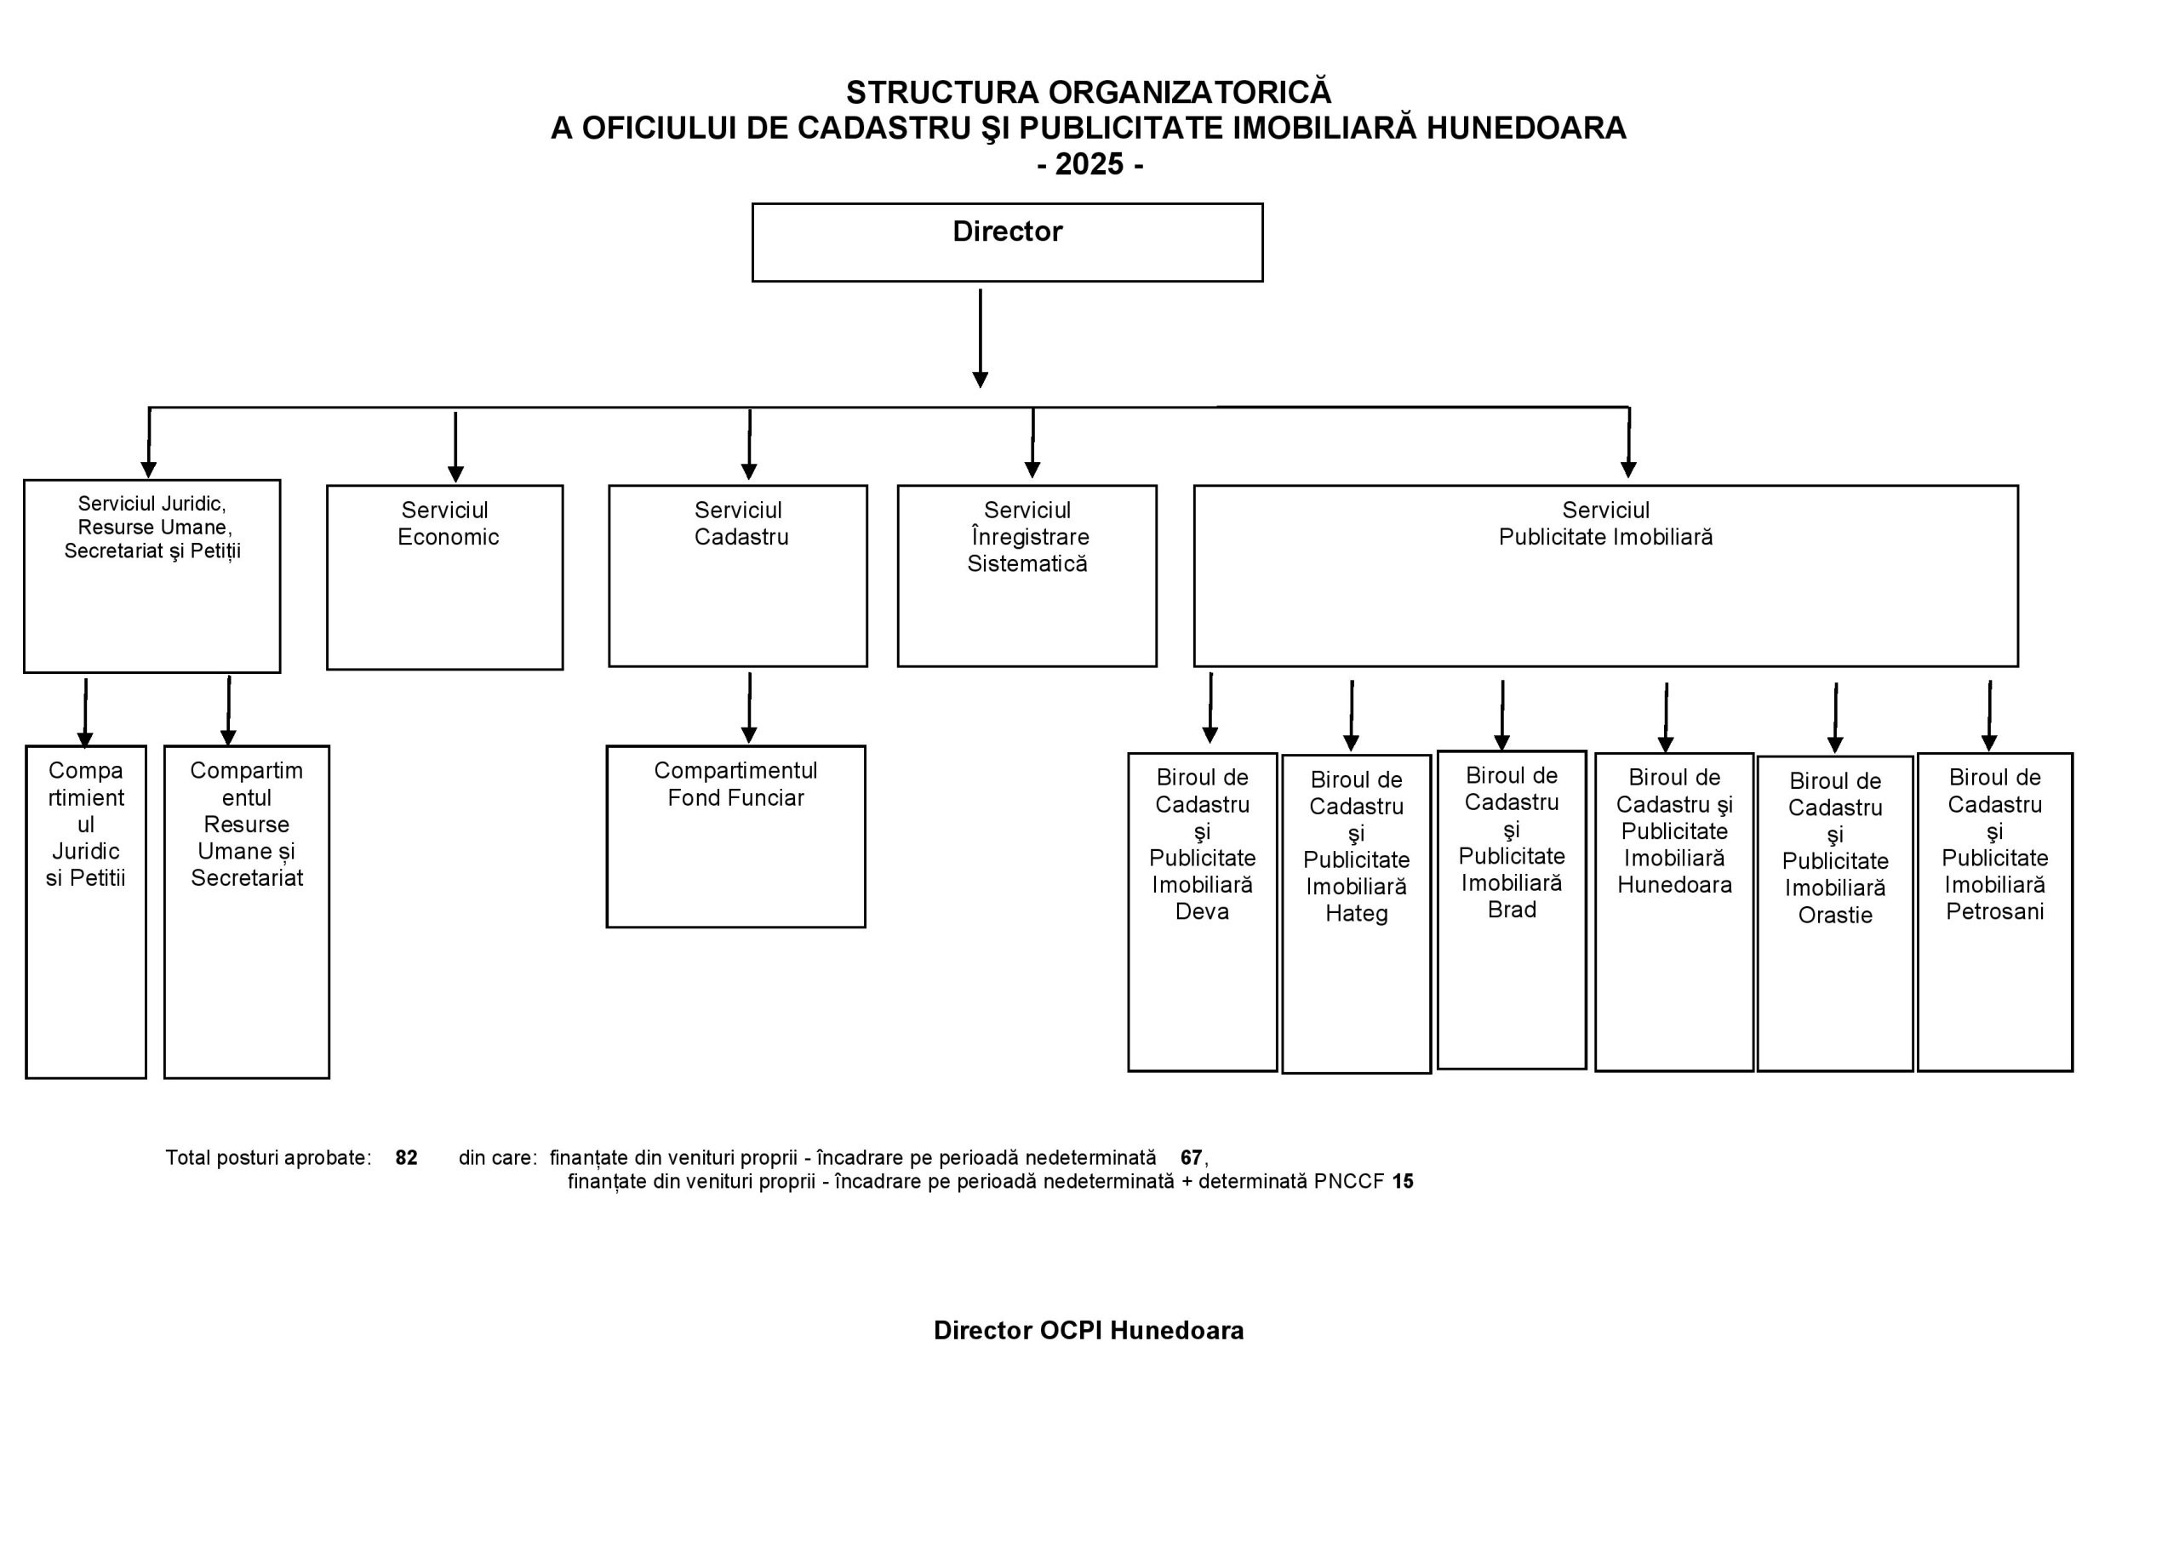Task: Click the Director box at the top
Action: (1007, 242)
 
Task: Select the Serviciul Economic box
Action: (445, 577)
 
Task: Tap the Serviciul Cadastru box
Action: (737, 576)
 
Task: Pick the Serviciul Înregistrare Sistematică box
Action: (1027, 576)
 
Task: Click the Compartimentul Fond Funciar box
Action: (735, 836)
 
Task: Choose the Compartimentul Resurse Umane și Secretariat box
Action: (247, 912)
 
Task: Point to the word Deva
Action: (1202, 912)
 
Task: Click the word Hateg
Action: (1356, 914)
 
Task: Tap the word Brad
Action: (1512, 910)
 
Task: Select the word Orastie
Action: (1835, 916)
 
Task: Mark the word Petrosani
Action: (1995, 912)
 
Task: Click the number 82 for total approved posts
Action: (406, 1157)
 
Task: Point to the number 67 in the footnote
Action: (1191, 1157)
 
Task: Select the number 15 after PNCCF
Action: (1403, 1181)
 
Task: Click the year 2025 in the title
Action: (1089, 164)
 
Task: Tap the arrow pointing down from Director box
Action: (981, 339)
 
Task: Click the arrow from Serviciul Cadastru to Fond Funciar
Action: (749, 708)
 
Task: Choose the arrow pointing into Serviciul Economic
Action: (455, 447)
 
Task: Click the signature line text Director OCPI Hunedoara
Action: (1089, 1330)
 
